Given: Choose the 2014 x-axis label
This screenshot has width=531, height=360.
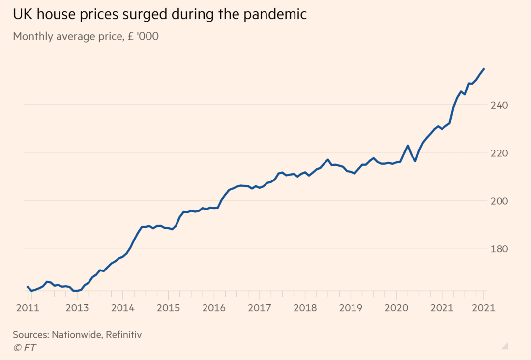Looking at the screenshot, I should coord(122,308).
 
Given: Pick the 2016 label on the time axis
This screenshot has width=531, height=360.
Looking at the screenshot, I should coord(214,308).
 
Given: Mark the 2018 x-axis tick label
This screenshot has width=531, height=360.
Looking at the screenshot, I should coord(305,308).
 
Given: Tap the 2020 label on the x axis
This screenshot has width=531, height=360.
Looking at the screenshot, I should coord(396,308).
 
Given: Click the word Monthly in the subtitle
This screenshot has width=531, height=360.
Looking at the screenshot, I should coord(31,37).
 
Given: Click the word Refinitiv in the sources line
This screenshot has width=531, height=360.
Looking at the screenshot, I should coord(123,334).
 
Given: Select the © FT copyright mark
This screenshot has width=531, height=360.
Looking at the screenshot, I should coord(25,348).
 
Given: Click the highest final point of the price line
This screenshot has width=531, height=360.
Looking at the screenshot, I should coord(484,69).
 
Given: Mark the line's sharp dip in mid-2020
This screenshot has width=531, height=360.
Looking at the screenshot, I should coord(415,161).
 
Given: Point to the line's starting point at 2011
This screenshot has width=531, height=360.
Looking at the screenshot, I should coord(28,286).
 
